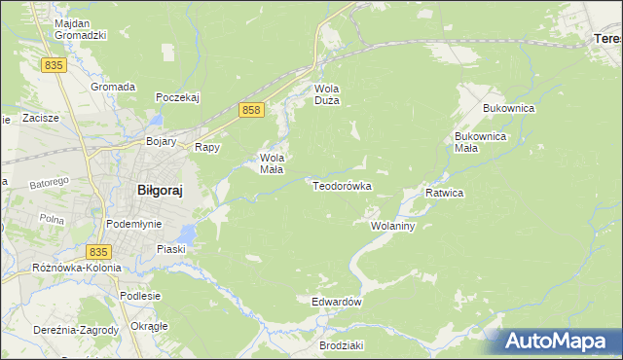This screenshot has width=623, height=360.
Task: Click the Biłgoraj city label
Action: (152, 192)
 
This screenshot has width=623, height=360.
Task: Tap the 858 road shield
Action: (251, 111)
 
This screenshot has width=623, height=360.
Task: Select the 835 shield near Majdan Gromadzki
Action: (54, 64)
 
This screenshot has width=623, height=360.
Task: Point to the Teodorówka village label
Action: (342, 185)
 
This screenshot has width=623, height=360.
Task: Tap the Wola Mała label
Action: (271, 162)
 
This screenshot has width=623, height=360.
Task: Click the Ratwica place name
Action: (444, 193)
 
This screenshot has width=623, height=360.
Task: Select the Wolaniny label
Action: (393, 226)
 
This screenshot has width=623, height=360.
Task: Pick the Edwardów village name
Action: (337, 303)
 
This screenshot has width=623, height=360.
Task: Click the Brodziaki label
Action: (341, 345)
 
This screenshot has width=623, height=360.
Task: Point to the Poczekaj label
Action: (177, 97)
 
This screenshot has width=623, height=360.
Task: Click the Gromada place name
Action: (113, 87)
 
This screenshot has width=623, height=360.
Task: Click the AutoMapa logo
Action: (559, 341)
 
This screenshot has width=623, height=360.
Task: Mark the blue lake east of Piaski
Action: (187, 233)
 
